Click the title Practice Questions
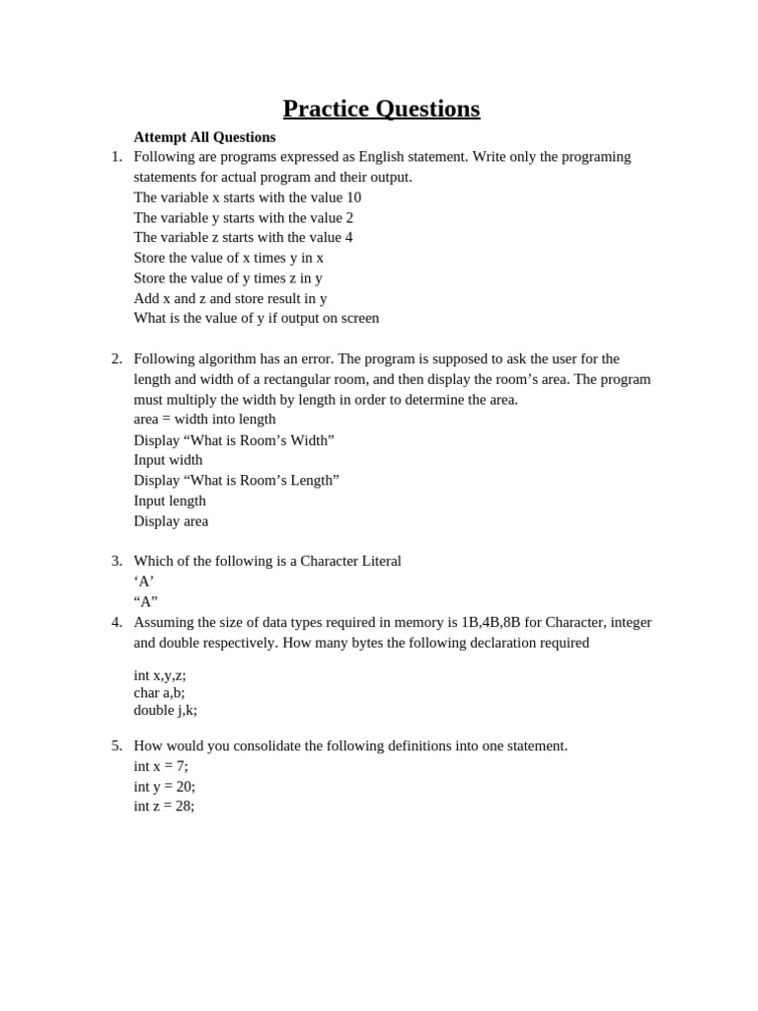[381, 109]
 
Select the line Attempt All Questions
[204, 137]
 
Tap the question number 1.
[116, 157]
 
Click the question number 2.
[116, 359]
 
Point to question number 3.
[116, 562]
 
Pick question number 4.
[116, 622]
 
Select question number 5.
[116, 746]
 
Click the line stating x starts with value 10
[247, 197]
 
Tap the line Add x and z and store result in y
[230, 298]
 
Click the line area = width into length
[204, 420]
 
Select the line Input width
[168, 460]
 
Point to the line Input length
[170, 501]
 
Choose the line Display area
[171, 521]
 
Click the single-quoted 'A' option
[144, 582]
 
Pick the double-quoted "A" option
[146, 602]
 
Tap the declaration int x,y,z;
[160, 675]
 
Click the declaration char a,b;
[159, 693]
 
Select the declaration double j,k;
[165, 710]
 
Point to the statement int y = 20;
[164, 787]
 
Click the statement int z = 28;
[164, 807]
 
